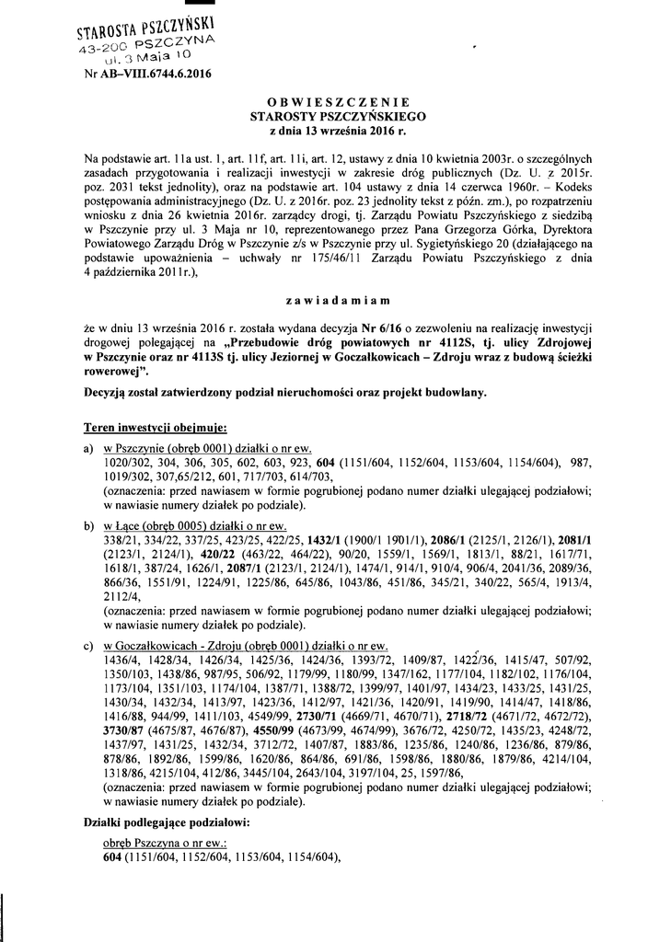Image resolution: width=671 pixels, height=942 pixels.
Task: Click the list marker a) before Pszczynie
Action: click(88, 445)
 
